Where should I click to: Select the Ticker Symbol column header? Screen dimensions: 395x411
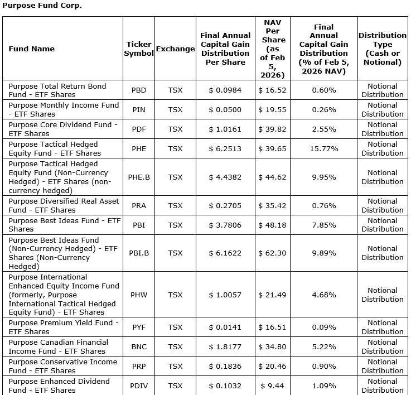[138, 49]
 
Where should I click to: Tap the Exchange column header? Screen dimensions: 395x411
[175, 49]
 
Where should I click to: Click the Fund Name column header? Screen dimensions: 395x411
[32, 49]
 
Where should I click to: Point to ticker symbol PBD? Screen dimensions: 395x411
[138, 90]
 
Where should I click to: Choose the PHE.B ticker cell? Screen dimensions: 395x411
[138, 177]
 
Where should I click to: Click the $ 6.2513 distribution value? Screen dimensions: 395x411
[225, 148]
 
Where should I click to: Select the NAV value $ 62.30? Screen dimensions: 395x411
[272, 253]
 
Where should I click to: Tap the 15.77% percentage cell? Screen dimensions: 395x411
[323, 148]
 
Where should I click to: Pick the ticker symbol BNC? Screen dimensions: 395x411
[138, 346]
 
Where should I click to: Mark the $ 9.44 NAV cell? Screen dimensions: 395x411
[272, 386]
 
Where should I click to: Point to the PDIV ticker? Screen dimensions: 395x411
[138, 386]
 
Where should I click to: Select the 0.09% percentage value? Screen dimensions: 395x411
[323, 327]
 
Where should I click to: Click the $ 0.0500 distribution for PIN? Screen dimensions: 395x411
[225, 109]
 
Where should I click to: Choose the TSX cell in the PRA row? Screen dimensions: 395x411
[175, 205]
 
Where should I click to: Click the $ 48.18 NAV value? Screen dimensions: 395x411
[272, 225]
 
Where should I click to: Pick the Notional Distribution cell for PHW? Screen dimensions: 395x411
[383, 295]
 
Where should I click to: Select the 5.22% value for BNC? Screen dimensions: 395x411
[323, 346]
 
